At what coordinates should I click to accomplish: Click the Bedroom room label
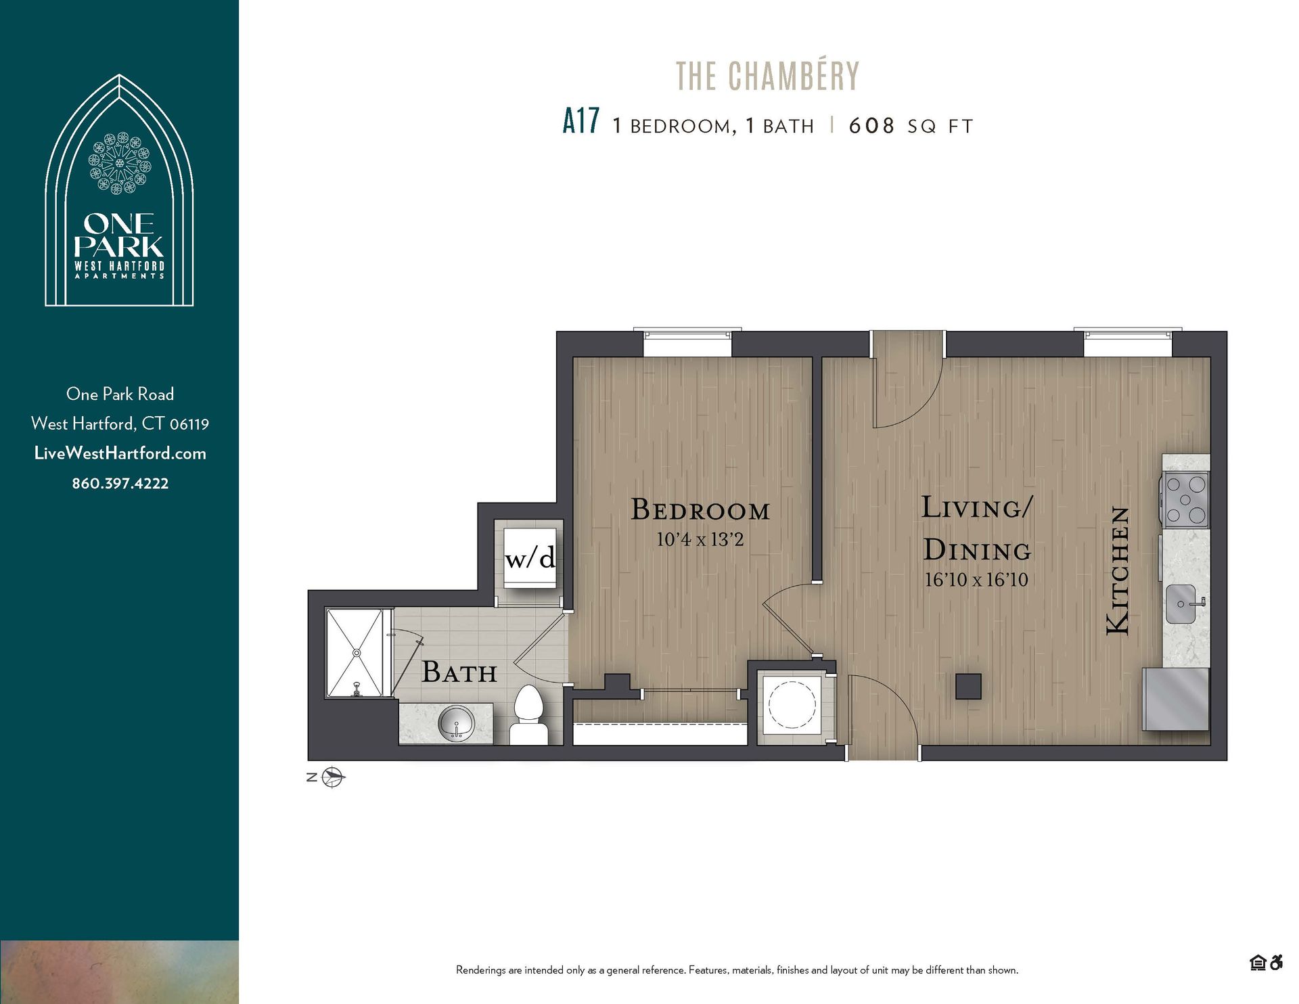pos(700,509)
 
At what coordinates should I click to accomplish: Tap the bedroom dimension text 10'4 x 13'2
pos(700,540)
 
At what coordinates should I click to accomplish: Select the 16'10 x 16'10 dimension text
pos(976,580)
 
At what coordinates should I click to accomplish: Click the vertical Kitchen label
pos(1118,571)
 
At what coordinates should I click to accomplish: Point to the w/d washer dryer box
pos(530,557)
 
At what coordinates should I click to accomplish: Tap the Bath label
pos(459,672)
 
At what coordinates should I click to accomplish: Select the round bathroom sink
pos(457,725)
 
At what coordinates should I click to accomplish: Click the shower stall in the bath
pos(354,652)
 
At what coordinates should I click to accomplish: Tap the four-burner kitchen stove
pos(1186,499)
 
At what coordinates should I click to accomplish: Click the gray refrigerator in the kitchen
pos(1176,700)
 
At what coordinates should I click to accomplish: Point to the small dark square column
pos(968,686)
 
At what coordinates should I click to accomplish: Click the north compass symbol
pos(332,777)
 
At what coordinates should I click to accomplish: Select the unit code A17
pos(580,122)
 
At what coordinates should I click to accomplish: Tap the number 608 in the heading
pos(871,126)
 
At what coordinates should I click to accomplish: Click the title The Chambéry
pos(767,76)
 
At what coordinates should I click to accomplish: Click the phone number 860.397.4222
pos(120,483)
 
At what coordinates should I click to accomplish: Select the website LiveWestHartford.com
pos(120,453)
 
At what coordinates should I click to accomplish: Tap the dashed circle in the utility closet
pos(792,704)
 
